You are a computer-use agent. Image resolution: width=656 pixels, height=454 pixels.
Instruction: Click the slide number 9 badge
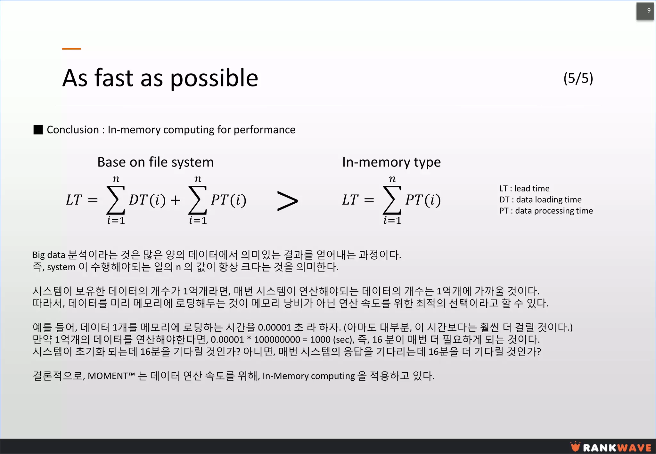pyautogui.click(x=645, y=11)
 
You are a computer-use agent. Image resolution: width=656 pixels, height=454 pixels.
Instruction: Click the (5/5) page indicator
pyautogui.click(x=578, y=78)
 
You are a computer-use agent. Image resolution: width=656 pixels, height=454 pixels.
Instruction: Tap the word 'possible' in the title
pyautogui.click(x=214, y=78)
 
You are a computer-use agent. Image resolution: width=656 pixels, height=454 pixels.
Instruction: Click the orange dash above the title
pyautogui.click(x=71, y=49)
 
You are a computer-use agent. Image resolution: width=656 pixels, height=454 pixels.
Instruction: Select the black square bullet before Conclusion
pyautogui.click(x=38, y=130)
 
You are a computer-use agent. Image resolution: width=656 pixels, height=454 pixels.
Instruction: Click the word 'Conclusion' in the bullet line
pyautogui.click(x=73, y=130)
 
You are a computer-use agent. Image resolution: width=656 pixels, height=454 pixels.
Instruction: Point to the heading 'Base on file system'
pyautogui.click(x=155, y=162)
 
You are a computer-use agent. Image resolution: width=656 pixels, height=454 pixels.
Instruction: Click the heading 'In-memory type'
pyautogui.click(x=391, y=162)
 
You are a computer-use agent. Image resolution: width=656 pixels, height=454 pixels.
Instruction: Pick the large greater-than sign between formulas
pyautogui.click(x=287, y=201)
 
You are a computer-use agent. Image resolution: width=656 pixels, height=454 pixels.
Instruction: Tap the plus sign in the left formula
pyautogui.click(x=176, y=200)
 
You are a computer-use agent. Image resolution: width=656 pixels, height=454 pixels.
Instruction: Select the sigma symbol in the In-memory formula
pyautogui.click(x=392, y=200)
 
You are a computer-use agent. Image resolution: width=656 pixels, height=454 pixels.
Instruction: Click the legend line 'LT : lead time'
pyautogui.click(x=524, y=188)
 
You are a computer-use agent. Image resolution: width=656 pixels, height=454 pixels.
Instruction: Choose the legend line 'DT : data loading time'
pyautogui.click(x=540, y=199)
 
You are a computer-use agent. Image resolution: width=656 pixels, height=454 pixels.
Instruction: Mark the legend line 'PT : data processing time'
pyautogui.click(x=546, y=211)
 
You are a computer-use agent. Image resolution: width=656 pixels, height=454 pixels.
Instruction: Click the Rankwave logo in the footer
pyautogui.click(x=611, y=447)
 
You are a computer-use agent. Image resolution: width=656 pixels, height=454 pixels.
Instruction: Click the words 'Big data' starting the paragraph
pyautogui.click(x=49, y=255)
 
